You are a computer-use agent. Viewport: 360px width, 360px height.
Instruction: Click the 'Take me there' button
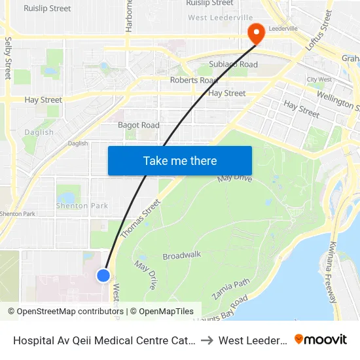coord(180,160)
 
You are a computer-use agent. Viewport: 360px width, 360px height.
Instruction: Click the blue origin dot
coord(103,276)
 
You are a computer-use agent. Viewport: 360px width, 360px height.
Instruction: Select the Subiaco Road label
coord(233,64)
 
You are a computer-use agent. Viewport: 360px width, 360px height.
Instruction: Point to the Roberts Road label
coord(194,80)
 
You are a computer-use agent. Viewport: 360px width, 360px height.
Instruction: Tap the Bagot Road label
coord(138,125)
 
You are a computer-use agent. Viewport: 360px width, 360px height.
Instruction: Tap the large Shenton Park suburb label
coord(82,206)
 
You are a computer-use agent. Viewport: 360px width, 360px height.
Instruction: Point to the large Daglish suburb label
coord(39,132)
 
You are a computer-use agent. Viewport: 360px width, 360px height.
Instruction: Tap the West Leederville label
coord(221,17)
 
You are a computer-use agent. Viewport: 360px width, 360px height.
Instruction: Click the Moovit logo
coord(321,340)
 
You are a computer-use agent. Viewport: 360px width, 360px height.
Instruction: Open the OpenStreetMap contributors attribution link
coord(65,312)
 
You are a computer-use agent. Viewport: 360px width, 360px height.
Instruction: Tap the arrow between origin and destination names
coord(207,340)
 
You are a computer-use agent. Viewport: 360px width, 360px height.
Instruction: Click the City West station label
coord(319,80)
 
